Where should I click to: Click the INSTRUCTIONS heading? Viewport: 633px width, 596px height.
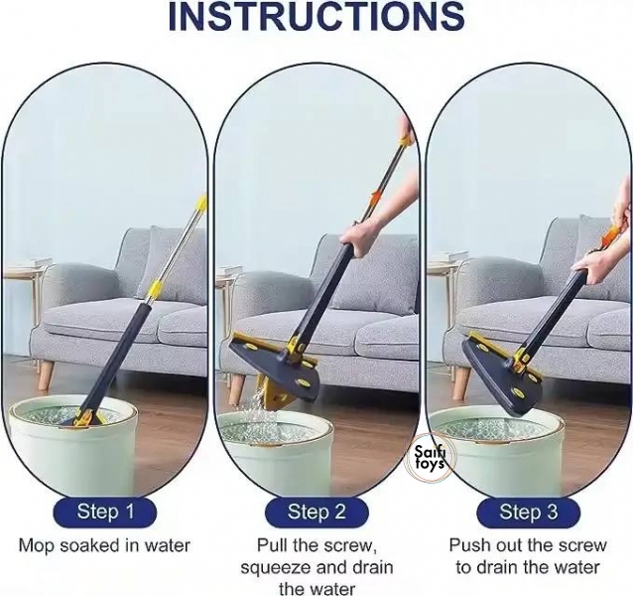click(316, 16)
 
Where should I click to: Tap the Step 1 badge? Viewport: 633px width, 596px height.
click(104, 512)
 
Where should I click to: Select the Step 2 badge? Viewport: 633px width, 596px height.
click(316, 512)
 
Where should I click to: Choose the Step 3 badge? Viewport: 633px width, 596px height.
click(529, 512)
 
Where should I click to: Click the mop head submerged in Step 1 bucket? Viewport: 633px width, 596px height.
click(85, 420)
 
